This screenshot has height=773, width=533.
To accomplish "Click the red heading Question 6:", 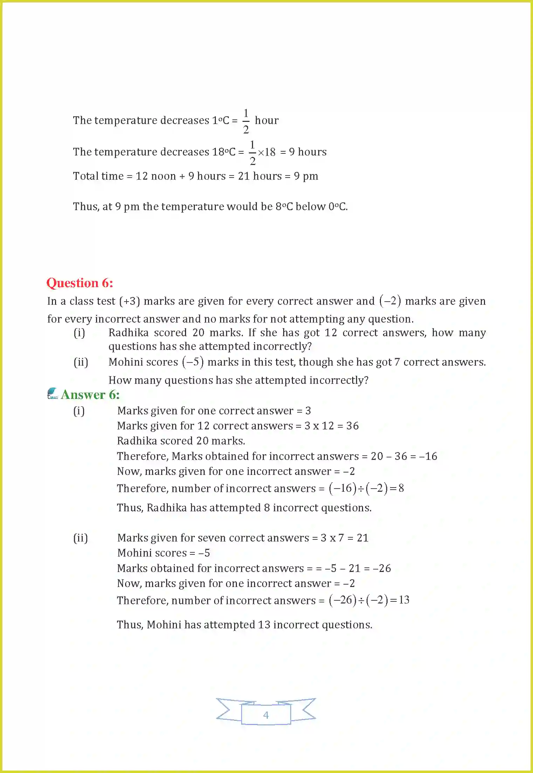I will point(80,283).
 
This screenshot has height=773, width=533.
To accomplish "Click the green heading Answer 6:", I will point(90,395).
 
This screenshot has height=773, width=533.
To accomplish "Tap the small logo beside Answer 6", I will point(53,393).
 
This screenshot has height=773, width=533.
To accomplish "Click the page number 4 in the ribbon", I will point(266,715).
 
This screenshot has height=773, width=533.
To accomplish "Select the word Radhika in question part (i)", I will point(128,332).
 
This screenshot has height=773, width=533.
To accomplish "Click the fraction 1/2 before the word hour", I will point(246,121).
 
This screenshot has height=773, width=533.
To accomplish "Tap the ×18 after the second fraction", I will point(267,152).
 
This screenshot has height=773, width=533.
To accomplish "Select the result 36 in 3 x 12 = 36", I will point(352,426).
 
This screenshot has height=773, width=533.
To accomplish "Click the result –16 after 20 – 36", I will point(428,456).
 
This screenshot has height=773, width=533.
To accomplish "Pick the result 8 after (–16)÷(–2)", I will point(401,488).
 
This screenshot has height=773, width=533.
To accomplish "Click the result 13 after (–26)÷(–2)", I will point(404,600).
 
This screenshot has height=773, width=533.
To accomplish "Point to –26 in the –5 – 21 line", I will point(382,568).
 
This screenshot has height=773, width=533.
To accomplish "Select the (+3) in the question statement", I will point(129,301).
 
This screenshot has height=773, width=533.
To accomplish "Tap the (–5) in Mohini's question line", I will point(193,362).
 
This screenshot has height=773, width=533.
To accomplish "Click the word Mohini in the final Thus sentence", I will point(164,624).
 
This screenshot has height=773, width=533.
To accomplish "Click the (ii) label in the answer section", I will point(81,538).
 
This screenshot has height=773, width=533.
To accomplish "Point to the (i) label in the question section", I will point(79,332).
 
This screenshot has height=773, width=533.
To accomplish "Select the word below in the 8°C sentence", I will point(310,206).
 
